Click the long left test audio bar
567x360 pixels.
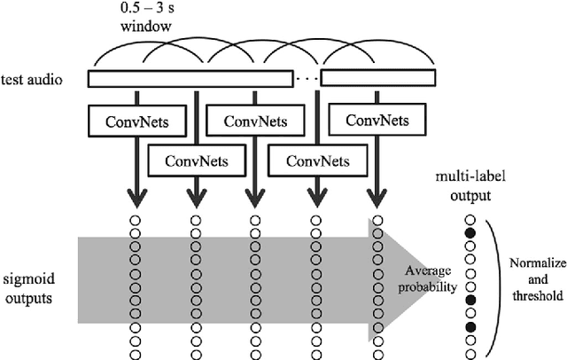coord(190,79)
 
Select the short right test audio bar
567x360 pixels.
coord(378,79)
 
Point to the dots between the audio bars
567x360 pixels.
coord(306,79)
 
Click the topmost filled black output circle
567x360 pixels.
coord(470,233)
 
